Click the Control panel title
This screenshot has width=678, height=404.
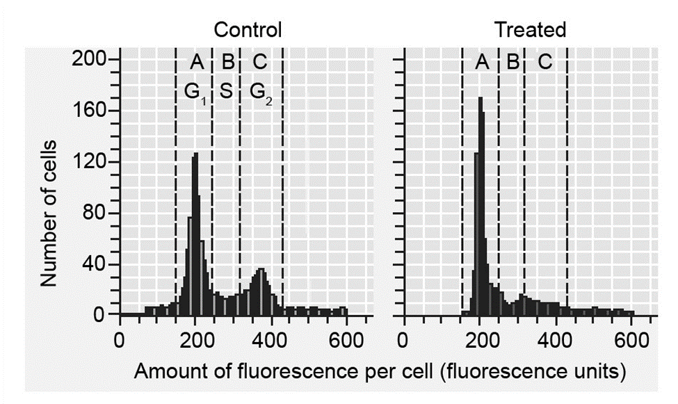[248, 30]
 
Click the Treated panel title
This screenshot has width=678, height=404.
[530, 30]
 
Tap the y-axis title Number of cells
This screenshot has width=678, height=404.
[48, 213]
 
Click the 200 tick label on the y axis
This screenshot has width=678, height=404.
[90, 60]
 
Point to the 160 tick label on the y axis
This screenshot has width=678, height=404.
[90, 111]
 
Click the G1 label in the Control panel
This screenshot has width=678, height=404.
[195, 90]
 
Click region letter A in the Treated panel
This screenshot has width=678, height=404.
[482, 63]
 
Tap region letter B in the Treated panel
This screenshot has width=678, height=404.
[512, 63]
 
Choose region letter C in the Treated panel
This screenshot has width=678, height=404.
[544, 63]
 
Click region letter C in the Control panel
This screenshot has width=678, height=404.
[259, 63]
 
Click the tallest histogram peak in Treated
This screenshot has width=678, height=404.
[480, 99]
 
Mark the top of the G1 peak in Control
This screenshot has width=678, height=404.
[195, 154]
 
